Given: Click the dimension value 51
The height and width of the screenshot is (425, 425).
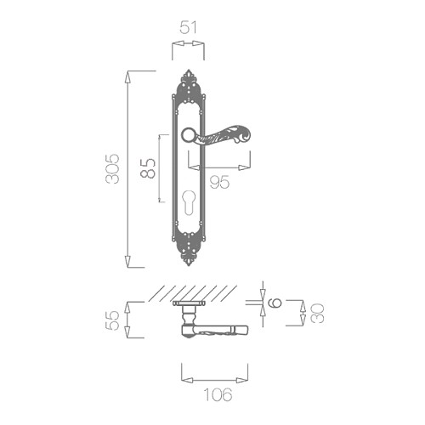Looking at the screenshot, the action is coord(188,28).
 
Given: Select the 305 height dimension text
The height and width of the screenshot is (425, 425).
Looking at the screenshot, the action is coord(112,169).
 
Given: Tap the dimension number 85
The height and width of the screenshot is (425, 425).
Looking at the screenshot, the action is coord(148,168).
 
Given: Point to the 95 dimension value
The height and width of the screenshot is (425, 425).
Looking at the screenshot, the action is coord(219,182).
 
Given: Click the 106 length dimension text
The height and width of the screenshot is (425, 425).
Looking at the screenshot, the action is coord(218,394).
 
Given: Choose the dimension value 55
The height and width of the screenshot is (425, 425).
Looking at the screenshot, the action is coord(112,320).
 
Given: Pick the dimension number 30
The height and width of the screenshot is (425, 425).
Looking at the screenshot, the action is coord(317,313).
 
